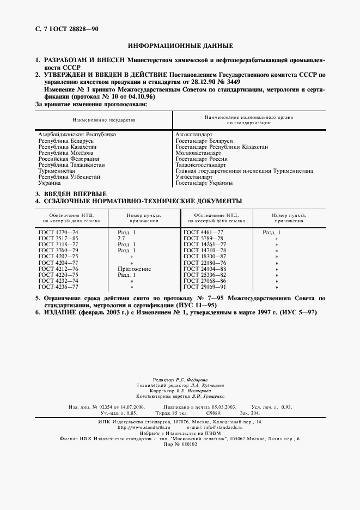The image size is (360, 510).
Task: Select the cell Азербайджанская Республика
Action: pyautogui.click(x=77, y=133)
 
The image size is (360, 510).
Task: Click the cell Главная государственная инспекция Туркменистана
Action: pyautogui.click(x=244, y=171)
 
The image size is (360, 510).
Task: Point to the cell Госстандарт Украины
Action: pyautogui.click(x=204, y=183)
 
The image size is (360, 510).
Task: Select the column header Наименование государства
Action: pyautogui.click(x=103, y=119)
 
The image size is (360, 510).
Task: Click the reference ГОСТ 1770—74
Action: pyautogui.click(x=58, y=232)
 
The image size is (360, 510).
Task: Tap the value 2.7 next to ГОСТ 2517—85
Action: pyautogui.click(x=121, y=238)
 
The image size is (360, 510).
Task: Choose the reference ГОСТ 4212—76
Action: pyautogui.click(x=58, y=269)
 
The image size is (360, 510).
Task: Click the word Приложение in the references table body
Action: pyautogui.click(x=134, y=269)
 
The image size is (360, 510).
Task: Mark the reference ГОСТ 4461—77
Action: pyautogui.click(x=204, y=232)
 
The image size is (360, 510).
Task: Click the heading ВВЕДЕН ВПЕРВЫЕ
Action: pyautogui.click(x=75, y=195)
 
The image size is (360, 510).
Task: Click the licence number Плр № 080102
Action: pyautogui.click(x=180, y=444)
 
